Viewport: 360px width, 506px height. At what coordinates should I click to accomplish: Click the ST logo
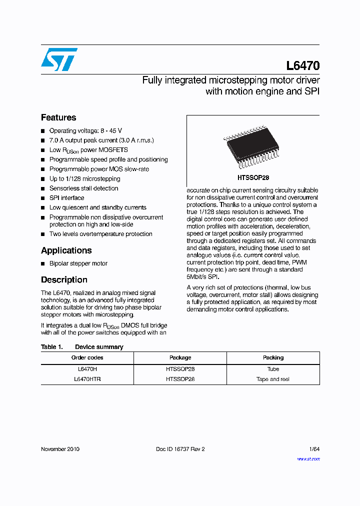click(x=59, y=59)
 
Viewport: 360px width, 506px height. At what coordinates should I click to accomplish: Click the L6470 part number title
click(x=303, y=66)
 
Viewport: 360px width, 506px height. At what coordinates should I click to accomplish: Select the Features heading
click(x=58, y=117)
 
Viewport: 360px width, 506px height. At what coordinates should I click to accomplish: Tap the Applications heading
click(x=66, y=250)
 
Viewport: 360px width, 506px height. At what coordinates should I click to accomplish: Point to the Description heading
click(x=64, y=280)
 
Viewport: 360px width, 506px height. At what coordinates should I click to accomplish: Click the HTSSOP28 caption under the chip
click(x=253, y=177)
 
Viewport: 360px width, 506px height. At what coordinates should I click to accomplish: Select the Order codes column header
click(x=87, y=357)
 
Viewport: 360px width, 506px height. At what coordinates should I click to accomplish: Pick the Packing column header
click(x=273, y=357)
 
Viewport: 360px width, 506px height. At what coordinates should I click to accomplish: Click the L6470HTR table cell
click(x=87, y=379)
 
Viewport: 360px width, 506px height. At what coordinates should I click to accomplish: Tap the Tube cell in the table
click(x=273, y=369)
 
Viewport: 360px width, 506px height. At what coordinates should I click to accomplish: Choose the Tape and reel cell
click(x=273, y=379)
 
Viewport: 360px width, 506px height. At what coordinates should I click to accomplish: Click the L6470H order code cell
click(x=87, y=369)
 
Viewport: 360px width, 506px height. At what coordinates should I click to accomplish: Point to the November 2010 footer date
click(x=60, y=449)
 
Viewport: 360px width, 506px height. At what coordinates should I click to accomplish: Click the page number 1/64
click(x=314, y=449)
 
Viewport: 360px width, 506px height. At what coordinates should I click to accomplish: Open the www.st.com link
click(x=308, y=458)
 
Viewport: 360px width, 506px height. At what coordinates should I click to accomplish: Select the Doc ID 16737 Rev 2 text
click(x=180, y=449)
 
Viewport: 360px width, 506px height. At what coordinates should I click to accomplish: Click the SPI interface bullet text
click(x=66, y=198)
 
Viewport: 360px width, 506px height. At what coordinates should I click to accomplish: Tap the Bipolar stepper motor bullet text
click(x=78, y=263)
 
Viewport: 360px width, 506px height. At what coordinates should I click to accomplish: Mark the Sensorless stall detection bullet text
click(x=84, y=188)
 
